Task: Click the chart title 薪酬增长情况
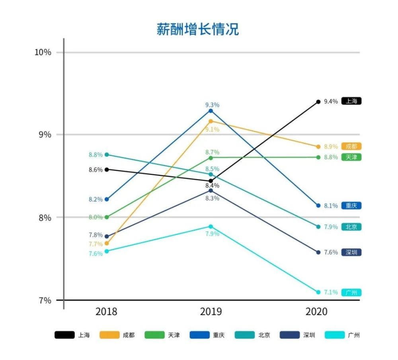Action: click(x=198, y=29)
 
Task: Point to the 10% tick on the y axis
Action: click(x=43, y=53)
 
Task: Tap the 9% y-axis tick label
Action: click(x=45, y=135)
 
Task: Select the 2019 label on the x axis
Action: click(x=211, y=311)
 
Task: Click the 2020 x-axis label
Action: click(x=316, y=311)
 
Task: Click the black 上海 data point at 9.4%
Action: click(x=318, y=102)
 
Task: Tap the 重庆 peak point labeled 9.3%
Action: click(x=211, y=111)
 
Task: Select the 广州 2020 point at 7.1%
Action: click(x=318, y=292)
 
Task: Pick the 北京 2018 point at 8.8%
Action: click(x=106, y=155)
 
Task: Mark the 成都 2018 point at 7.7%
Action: click(x=106, y=243)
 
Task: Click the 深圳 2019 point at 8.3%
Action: click(x=211, y=190)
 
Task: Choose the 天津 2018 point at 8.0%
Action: click(x=106, y=217)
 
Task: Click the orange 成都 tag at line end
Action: click(x=351, y=147)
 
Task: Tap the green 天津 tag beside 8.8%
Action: click(x=351, y=157)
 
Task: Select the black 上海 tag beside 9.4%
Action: click(x=351, y=101)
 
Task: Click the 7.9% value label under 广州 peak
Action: click(x=212, y=234)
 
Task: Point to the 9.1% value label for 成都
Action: click(x=212, y=129)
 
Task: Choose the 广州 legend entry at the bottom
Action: click(x=343, y=335)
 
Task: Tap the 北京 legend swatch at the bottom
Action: click(x=245, y=335)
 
